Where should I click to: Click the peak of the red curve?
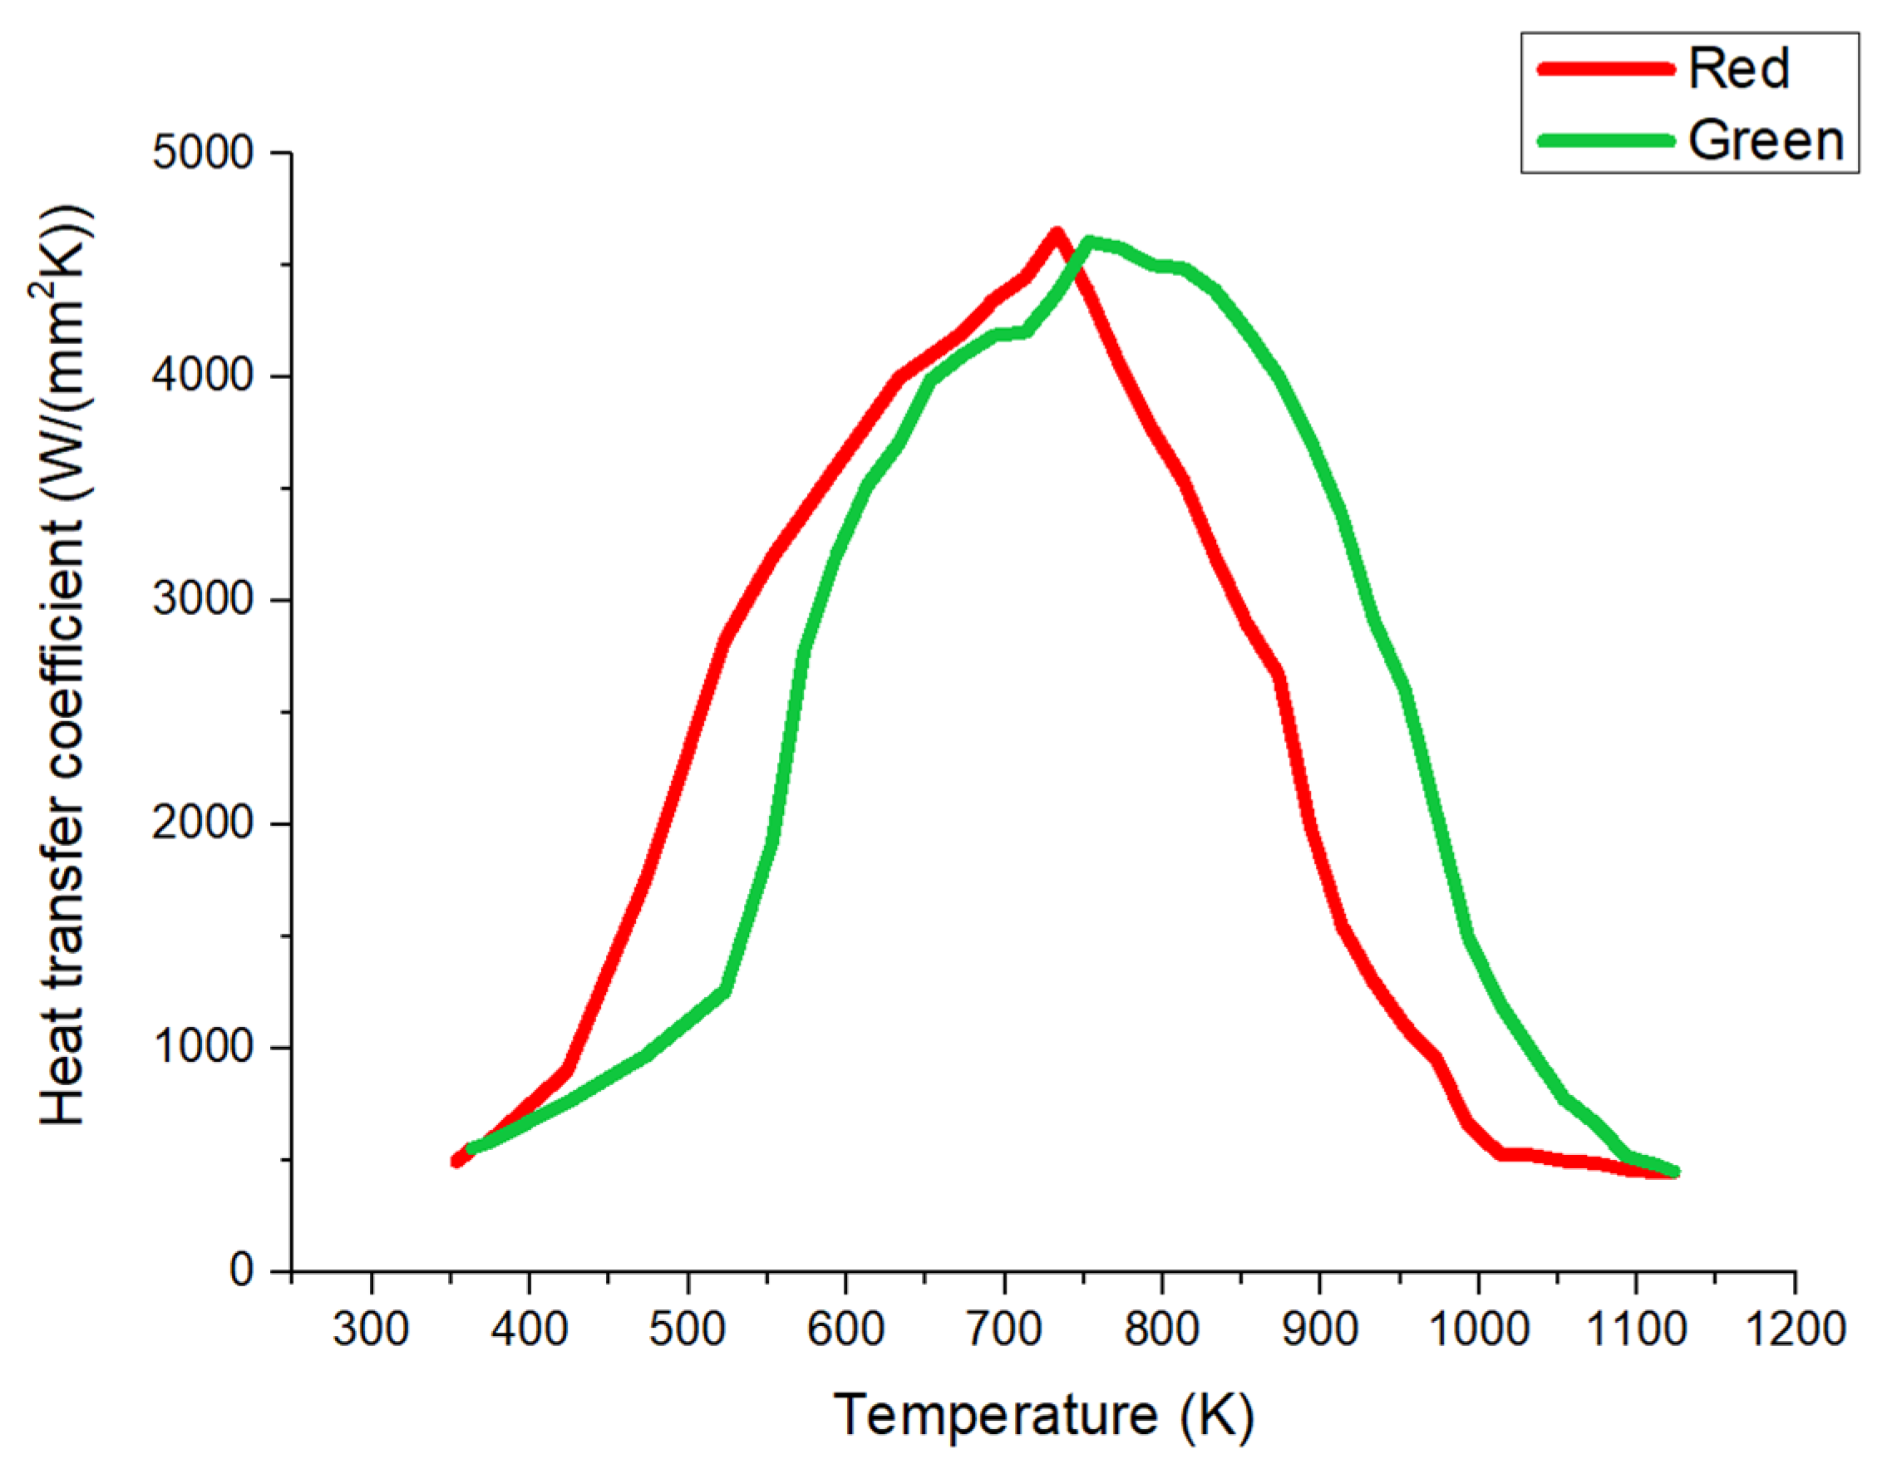(1057, 232)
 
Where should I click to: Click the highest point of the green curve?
(1088, 243)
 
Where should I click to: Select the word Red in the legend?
(1738, 68)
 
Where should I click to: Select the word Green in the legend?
(1765, 140)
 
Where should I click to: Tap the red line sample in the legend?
(1605, 68)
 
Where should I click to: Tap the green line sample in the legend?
(1605, 140)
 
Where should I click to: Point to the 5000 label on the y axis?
(203, 153)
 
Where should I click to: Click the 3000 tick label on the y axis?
(203, 599)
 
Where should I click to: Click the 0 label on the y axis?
(242, 1270)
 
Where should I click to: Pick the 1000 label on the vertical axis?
(203, 1047)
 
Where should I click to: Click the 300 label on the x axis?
(371, 1329)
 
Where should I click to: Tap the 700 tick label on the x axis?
(1004, 1329)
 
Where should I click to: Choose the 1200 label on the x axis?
(1795, 1329)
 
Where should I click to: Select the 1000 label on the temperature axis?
(1478, 1329)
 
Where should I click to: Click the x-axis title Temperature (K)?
(1043, 1414)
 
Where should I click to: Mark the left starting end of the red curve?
(456, 1161)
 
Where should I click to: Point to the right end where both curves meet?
(1673, 1172)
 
